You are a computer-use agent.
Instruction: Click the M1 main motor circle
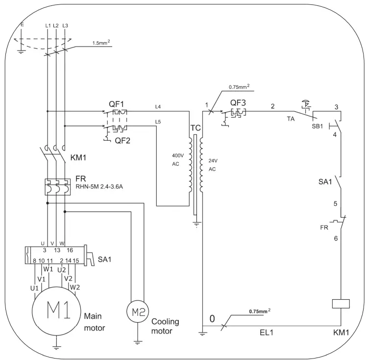tap(56, 287)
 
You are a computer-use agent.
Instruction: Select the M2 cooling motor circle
tap(138, 301)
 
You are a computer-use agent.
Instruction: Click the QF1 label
tap(116, 104)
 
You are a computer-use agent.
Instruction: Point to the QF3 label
tap(238, 103)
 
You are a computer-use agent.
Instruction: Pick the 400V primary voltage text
tap(178, 155)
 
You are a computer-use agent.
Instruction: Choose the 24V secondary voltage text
tap(213, 161)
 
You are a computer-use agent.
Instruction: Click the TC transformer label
tap(195, 128)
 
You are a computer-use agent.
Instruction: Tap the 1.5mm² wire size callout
tap(101, 43)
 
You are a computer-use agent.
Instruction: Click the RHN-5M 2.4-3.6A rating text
tap(99, 187)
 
